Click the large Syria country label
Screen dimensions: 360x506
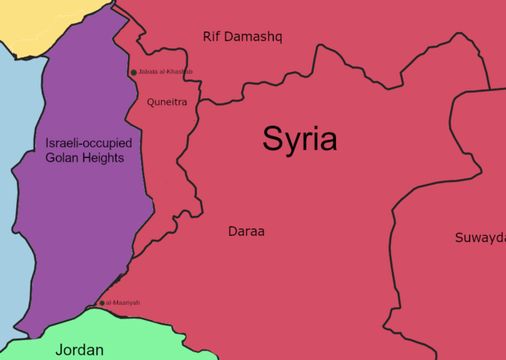coord(300,139)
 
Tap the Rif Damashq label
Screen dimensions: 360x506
coord(242,36)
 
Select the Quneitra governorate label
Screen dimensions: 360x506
coord(167,102)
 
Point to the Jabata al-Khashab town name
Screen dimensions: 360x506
coord(166,72)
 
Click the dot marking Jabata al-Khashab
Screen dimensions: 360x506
coord(133,72)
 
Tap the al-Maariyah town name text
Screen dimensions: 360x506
coord(123,303)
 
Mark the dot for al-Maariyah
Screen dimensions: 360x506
coord(102,303)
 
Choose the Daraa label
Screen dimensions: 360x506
coord(246,231)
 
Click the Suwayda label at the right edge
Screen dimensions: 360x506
coord(481,237)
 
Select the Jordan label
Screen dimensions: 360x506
coord(79,350)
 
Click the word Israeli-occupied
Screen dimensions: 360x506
coord(88,142)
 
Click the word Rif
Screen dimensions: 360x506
coord(212,36)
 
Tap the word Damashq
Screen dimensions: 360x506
coord(254,36)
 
